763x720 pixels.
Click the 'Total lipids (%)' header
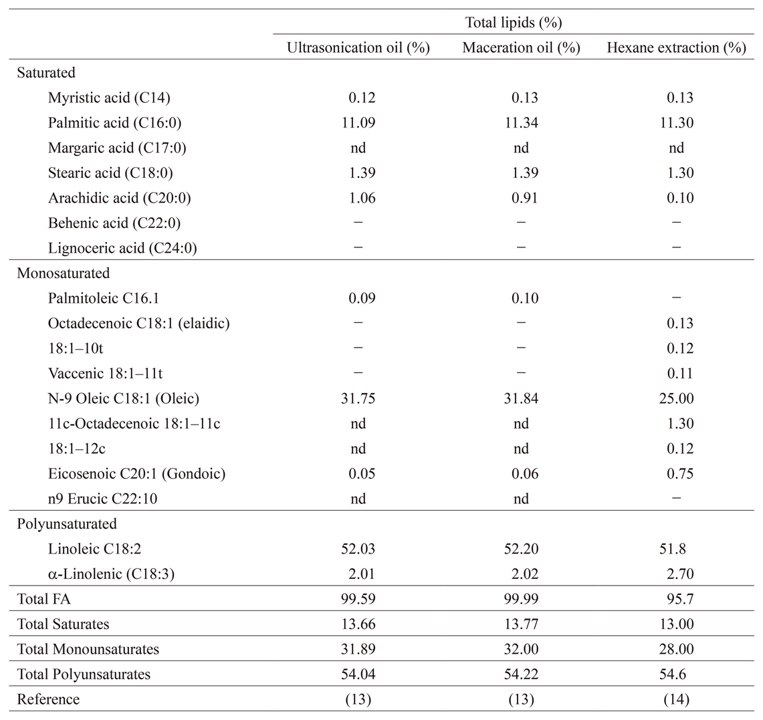coord(514,22)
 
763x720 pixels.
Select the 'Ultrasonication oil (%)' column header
coord(358,47)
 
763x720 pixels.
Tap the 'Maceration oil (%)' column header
coord(521,47)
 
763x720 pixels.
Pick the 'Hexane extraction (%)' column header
coord(676,47)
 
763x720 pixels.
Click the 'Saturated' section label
coord(46,72)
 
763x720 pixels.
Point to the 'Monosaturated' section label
coord(64,273)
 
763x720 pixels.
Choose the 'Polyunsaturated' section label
coord(67,524)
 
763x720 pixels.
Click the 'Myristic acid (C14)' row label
coord(109,98)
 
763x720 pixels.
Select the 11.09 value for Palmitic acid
coord(358,122)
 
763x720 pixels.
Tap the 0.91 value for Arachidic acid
coord(524,198)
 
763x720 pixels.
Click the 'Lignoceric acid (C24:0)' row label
coord(122,248)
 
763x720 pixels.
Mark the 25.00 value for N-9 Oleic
coord(676,398)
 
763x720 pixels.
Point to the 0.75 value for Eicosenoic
coord(680,474)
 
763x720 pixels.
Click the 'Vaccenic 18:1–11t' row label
coord(105,374)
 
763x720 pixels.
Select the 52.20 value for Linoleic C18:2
coord(521,549)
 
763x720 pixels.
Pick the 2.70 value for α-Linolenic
coord(680,574)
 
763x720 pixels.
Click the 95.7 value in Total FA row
coord(680,599)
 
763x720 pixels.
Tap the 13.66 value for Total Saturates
coord(358,624)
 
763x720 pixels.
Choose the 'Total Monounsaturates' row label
coord(88,649)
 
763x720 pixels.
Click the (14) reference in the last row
coord(676,699)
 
